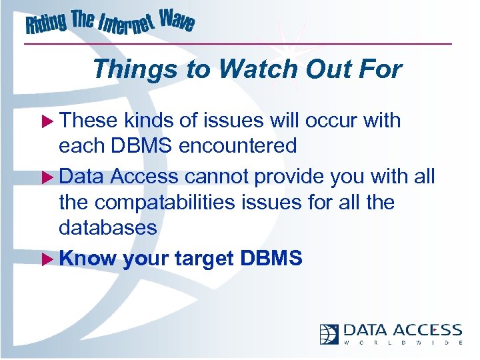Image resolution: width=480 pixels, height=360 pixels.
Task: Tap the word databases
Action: pos(108,228)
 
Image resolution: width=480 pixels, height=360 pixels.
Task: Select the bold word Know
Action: pos(87,259)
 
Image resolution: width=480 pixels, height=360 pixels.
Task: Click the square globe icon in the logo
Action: pos(329,333)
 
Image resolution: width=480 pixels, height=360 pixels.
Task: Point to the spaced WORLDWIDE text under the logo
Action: pos(403,343)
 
